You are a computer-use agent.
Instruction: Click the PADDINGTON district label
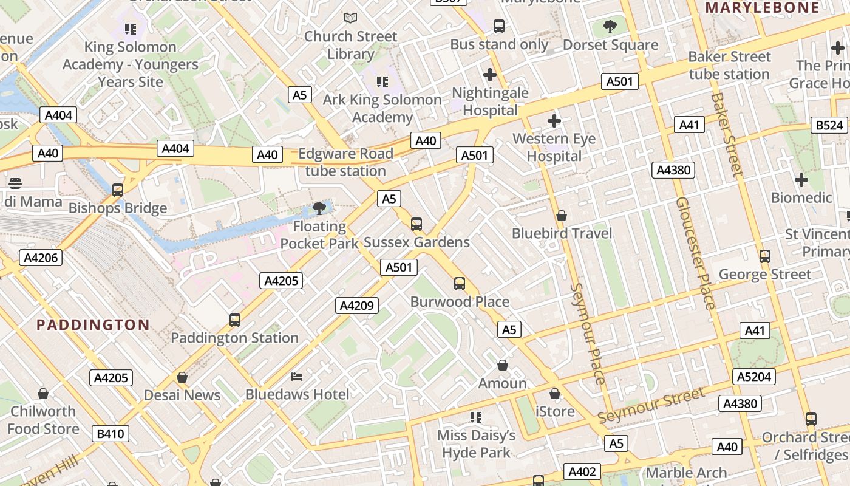point(93,324)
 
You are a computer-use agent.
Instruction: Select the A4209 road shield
point(357,306)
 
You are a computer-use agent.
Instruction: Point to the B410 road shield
point(110,434)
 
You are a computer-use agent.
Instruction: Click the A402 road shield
point(582,471)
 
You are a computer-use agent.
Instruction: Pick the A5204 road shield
point(754,377)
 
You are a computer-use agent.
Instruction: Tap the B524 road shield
point(829,125)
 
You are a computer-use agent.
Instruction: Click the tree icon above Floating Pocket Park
point(319,209)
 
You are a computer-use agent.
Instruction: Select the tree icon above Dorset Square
point(610,27)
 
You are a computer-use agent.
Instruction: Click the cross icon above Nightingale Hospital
point(490,75)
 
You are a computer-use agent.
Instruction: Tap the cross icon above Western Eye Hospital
point(554,121)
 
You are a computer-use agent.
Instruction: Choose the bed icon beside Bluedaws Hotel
point(297,377)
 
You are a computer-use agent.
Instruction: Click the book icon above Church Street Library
point(350,18)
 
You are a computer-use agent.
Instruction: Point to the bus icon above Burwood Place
point(460,284)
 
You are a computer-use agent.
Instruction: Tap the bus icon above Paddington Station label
point(234,320)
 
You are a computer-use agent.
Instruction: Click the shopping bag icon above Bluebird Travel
point(562,216)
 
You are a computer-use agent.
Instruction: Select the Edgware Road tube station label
point(345,162)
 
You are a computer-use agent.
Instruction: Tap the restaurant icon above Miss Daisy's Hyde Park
point(476,417)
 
